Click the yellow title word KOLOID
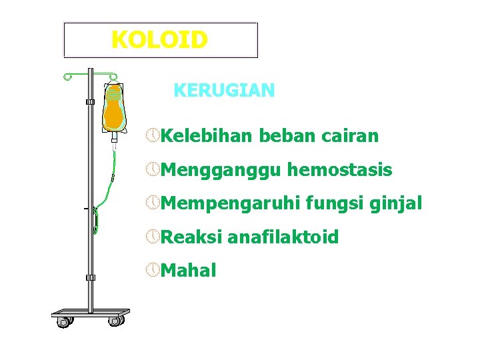pyautogui.click(x=159, y=40)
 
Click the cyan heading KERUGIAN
pyautogui.click(x=223, y=91)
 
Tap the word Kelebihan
pyautogui.click(x=207, y=137)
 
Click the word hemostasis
pyautogui.click(x=339, y=171)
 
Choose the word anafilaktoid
pyautogui.click(x=283, y=237)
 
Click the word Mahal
pyautogui.click(x=188, y=271)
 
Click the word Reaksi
pyautogui.click(x=191, y=237)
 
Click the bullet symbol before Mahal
pyautogui.click(x=153, y=270)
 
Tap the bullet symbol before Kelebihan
pyautogui.click(x=153, y=136)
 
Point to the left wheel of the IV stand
pyautogui.click(x=64, y=322)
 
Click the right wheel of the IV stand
pyautogui.click(x=115, y=321)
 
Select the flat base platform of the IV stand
pyautogui.click(x=91, y=313)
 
